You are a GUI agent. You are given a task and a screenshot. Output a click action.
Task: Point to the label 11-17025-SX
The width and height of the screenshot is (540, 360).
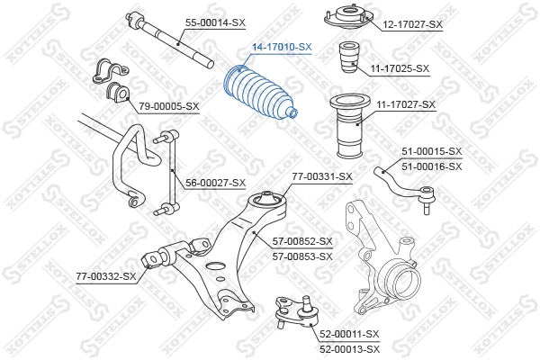(x=400, y=67)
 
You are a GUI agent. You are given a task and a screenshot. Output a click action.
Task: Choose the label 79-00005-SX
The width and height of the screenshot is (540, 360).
(x=169, y=105)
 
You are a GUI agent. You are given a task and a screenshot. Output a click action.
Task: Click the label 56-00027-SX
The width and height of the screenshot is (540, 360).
(x=216, y=183)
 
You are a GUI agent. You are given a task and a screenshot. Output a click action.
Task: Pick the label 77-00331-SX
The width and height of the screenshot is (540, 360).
(x=322, y=176)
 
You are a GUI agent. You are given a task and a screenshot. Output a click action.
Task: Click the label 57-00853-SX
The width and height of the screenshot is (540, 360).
(x=302, y=256)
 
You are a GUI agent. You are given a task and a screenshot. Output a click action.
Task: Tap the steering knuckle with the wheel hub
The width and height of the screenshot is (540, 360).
(x=382, y=252)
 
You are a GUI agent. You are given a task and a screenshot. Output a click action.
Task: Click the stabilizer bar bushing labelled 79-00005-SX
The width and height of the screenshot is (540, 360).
(x=110, y=80)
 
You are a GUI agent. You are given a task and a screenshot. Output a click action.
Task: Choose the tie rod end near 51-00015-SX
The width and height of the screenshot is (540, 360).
(x=405, y=180)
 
